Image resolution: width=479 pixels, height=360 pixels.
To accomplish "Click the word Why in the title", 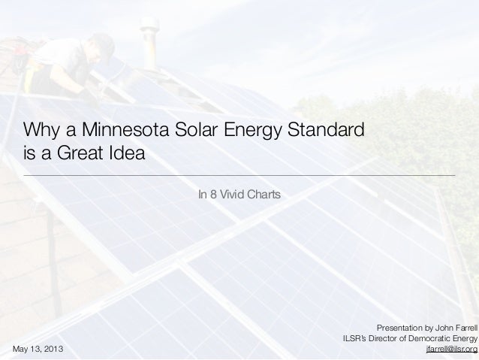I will pyautogui.click(x=41, y=129).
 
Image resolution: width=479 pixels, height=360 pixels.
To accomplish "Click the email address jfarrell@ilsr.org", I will pyautogui.click(x=451, y=349).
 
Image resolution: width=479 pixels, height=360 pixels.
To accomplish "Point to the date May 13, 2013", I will pyautogui.click(x=38, y=349).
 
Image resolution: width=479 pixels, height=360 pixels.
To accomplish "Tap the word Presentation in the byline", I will pyautogui.click(x=402, y=328).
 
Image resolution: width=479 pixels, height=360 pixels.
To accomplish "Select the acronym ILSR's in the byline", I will pyautogui.click(x=355, y=339).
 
